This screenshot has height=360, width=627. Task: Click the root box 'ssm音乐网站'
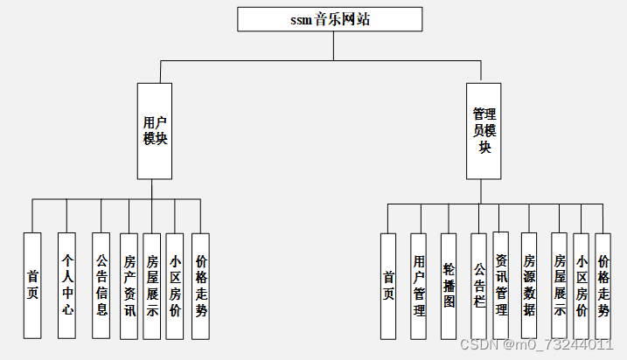pos(330,19)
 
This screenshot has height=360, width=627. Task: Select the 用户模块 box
pos(155,131)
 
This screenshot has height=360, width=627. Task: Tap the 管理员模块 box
pos(484,131)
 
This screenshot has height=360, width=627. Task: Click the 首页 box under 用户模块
pos(32,285)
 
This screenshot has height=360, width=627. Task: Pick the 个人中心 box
pos(67,285)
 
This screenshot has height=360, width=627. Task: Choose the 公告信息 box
pos(101,285)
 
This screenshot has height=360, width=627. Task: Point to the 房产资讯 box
pos(129,285)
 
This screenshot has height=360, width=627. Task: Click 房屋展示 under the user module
pos(152,285)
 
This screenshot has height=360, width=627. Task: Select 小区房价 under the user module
pos(175,285)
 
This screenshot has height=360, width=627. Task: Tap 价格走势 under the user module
pos(201,285)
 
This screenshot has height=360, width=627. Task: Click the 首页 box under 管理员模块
pos(388,286)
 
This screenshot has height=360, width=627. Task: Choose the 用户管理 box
pos(419,286)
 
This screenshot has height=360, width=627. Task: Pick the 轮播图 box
pos(449,286)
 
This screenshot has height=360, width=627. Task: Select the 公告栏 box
pos(478,286)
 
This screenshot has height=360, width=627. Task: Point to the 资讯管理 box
pos(501,285)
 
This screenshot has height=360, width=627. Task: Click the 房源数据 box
pos(529,286)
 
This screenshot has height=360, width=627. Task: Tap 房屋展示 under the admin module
pos(560,286)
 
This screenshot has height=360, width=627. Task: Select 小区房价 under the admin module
pos(582,286)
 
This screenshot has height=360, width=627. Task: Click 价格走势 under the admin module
pos(603,286)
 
